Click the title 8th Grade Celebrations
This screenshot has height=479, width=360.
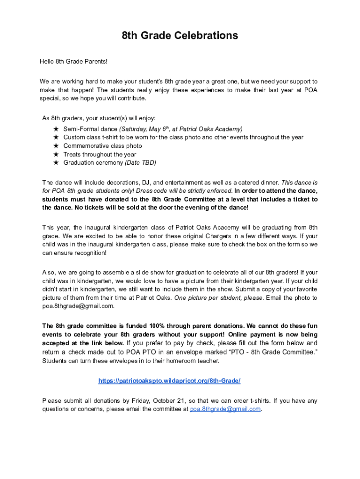pos(180,36)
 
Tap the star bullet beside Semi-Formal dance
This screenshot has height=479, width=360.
pos(56,129)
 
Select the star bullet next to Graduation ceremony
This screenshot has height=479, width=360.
pos(56,163)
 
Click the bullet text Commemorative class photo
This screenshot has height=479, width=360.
pos(102,146)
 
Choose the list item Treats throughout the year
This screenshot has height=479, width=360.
pos(100,154)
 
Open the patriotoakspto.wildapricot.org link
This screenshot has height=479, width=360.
pos(169,381)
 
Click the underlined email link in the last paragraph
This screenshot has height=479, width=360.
pos(225,409)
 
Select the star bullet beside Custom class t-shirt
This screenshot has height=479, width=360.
pos(56,137)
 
